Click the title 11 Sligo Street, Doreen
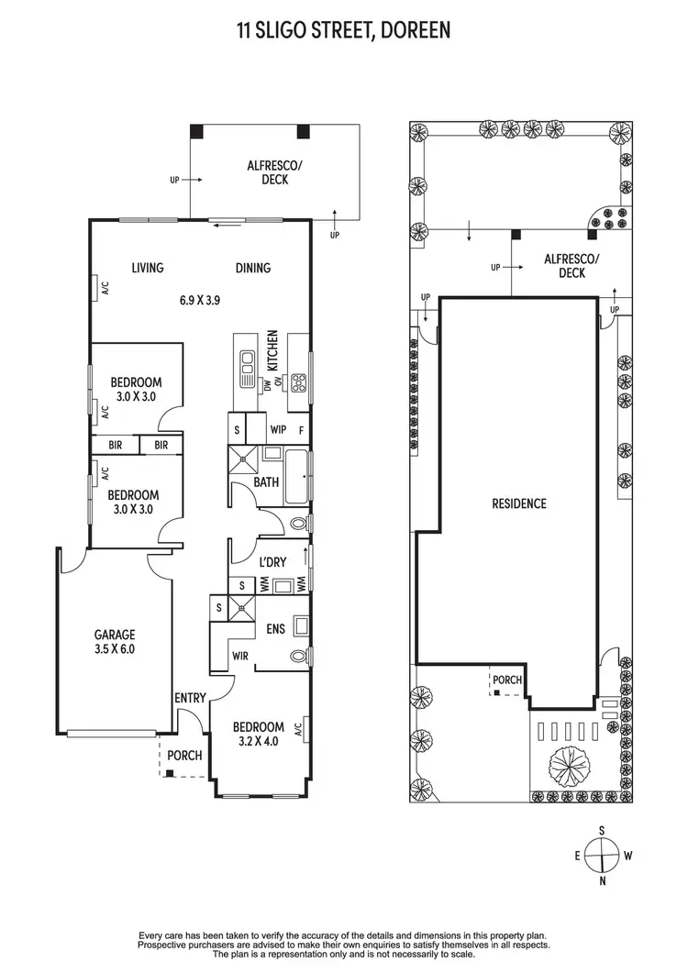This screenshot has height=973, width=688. (x=344, y=30)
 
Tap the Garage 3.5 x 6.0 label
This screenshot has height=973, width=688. (x=115, y=641)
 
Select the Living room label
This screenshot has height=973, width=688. (x=147, y=268)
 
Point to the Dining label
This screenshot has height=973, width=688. (x=252, y=268)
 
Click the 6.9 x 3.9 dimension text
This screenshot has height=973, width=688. (x=199, y=299)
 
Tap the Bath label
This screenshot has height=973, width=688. (x=266, y=482)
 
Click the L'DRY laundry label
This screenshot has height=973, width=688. (x=272, y=561)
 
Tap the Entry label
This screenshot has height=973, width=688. (x=190, y=698)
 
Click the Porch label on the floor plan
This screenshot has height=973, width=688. (x=184, y=756)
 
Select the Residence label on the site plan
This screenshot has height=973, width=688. (x=518, y=503)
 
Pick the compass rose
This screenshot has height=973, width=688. (x=602, y=857)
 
